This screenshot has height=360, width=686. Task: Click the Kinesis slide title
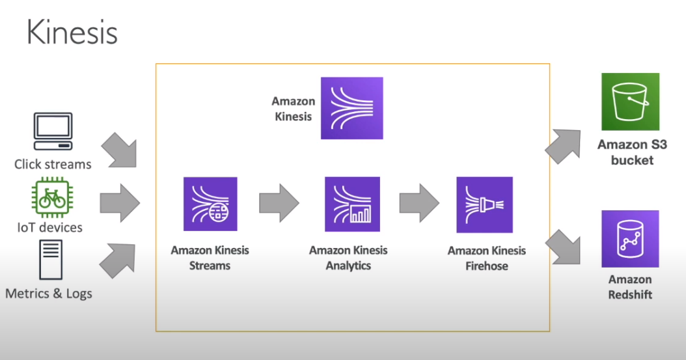72,32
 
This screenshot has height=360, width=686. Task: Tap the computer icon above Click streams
53,132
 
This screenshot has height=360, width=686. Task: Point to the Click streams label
53,164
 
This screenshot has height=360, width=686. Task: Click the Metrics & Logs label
49,294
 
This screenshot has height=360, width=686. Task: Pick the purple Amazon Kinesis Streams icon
210,204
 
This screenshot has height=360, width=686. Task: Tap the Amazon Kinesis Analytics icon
352,204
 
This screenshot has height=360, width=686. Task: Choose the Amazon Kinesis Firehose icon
485,204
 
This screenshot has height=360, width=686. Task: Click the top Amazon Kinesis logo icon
351,108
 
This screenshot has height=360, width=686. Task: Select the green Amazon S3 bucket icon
630,102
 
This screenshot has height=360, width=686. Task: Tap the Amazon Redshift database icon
630,239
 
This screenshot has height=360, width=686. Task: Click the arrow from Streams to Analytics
279,203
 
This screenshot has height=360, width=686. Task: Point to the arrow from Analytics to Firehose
419,203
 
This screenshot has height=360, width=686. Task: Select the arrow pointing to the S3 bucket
564,145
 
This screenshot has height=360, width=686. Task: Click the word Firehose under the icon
487,266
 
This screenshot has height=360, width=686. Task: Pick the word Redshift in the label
630,294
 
